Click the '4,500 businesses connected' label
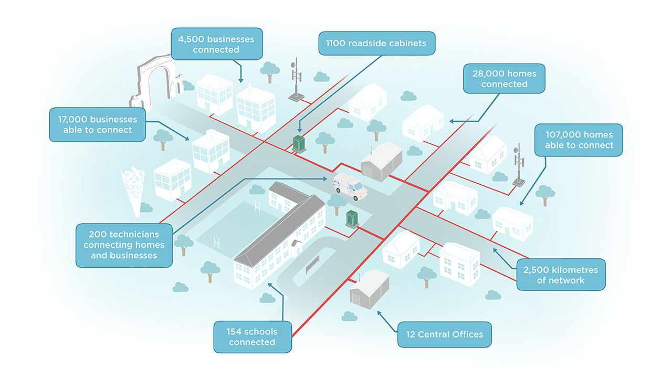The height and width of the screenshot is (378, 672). click(217, 45)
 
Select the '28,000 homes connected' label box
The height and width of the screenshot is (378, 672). click(504, 79)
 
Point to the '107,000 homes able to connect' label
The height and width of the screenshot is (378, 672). click(579, 140)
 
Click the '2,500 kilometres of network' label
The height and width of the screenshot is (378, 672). click(561, 275)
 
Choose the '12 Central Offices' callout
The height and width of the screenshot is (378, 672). click(444, 334)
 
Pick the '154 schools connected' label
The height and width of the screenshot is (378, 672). click(252, 337)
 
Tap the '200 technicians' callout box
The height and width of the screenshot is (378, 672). click(124, 245)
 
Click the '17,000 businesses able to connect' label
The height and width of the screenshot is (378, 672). click(98, 124)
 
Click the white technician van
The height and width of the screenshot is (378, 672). click(349, 186)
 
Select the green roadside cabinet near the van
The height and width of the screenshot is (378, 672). click(299, 143)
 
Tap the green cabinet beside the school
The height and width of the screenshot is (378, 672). click(352, 218)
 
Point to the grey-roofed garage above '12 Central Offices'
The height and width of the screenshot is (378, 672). click(370, 290)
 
